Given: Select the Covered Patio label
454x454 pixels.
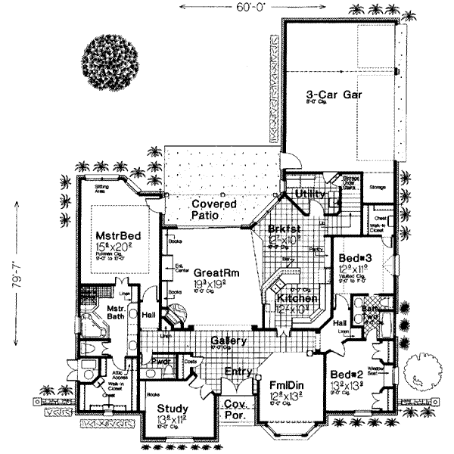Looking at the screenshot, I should [x=213, y=210].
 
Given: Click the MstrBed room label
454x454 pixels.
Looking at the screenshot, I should [x=113, y=234].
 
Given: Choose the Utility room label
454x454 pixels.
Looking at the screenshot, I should [x=310, y=194].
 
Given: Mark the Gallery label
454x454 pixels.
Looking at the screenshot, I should [x=229, y=342].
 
